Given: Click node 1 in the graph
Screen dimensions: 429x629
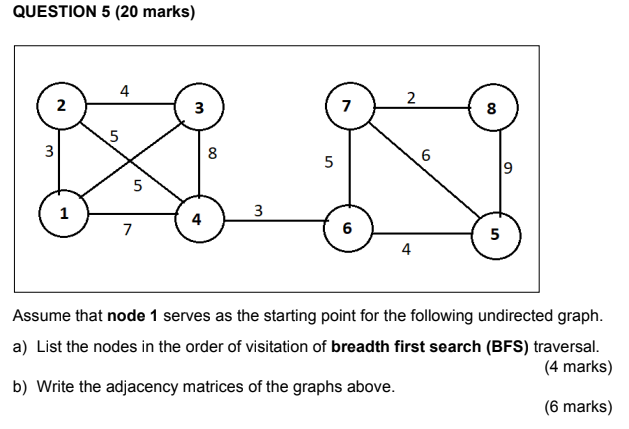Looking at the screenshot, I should point(64,213).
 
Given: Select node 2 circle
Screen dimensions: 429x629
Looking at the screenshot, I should point(61,105).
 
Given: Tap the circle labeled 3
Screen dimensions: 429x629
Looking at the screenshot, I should point(199,107).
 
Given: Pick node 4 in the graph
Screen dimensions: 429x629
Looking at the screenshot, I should point(198,219).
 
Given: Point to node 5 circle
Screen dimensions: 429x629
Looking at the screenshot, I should point(494,235).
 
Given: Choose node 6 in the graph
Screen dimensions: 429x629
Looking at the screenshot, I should point(347,229).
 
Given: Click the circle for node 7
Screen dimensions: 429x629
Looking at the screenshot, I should point(347,105).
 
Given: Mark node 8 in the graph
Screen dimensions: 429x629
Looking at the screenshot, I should point(491,110).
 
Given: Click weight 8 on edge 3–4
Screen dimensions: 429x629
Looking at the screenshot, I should point(212,154).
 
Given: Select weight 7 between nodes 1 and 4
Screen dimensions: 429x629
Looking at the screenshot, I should point(127,230).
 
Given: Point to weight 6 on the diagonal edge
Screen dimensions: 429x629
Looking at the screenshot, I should point(426,155).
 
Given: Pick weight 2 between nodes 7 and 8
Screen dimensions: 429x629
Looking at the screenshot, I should point(411,96).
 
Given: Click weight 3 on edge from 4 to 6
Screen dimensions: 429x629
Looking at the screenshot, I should point(258,210).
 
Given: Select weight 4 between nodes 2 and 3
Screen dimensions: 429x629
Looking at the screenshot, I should point(124,91).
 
